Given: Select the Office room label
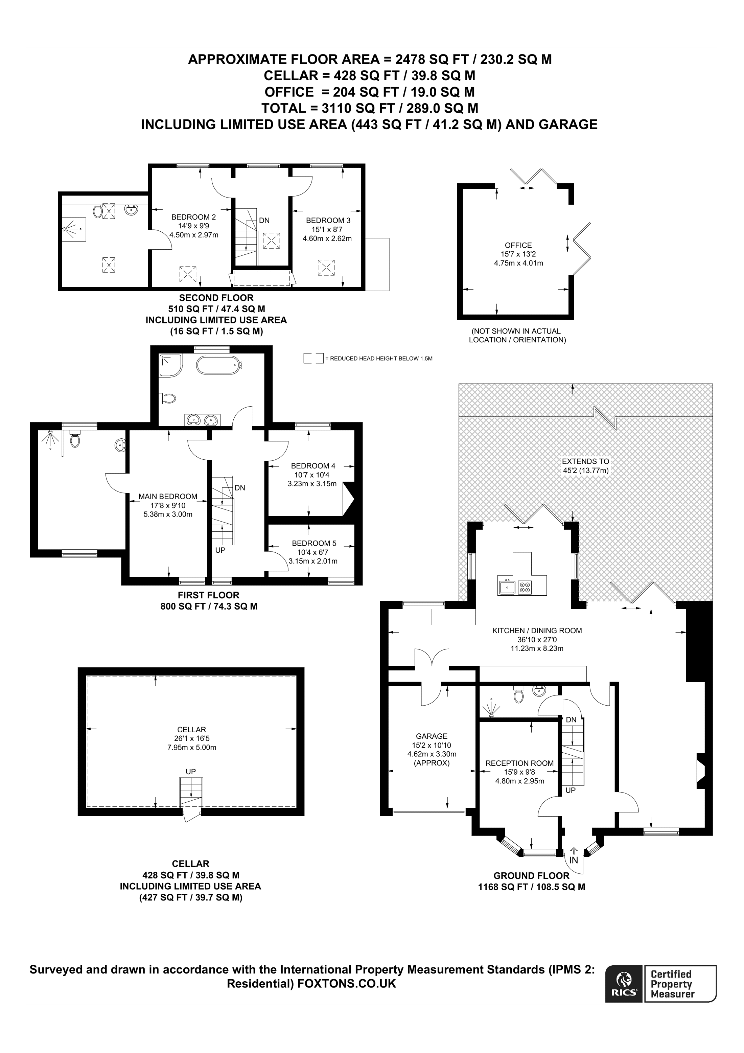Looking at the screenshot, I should point(518,245).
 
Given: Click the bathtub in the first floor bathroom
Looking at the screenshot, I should point(218,366).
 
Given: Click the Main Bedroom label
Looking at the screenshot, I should point(168,496).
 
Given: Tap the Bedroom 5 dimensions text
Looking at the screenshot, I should point(313,557).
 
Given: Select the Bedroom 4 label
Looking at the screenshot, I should point(313,466).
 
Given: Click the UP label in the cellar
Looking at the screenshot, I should point(191,772).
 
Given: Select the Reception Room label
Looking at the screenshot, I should point(519,763).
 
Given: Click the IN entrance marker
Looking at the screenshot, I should point(574,861).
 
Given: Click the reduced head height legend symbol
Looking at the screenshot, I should point(313,359).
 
